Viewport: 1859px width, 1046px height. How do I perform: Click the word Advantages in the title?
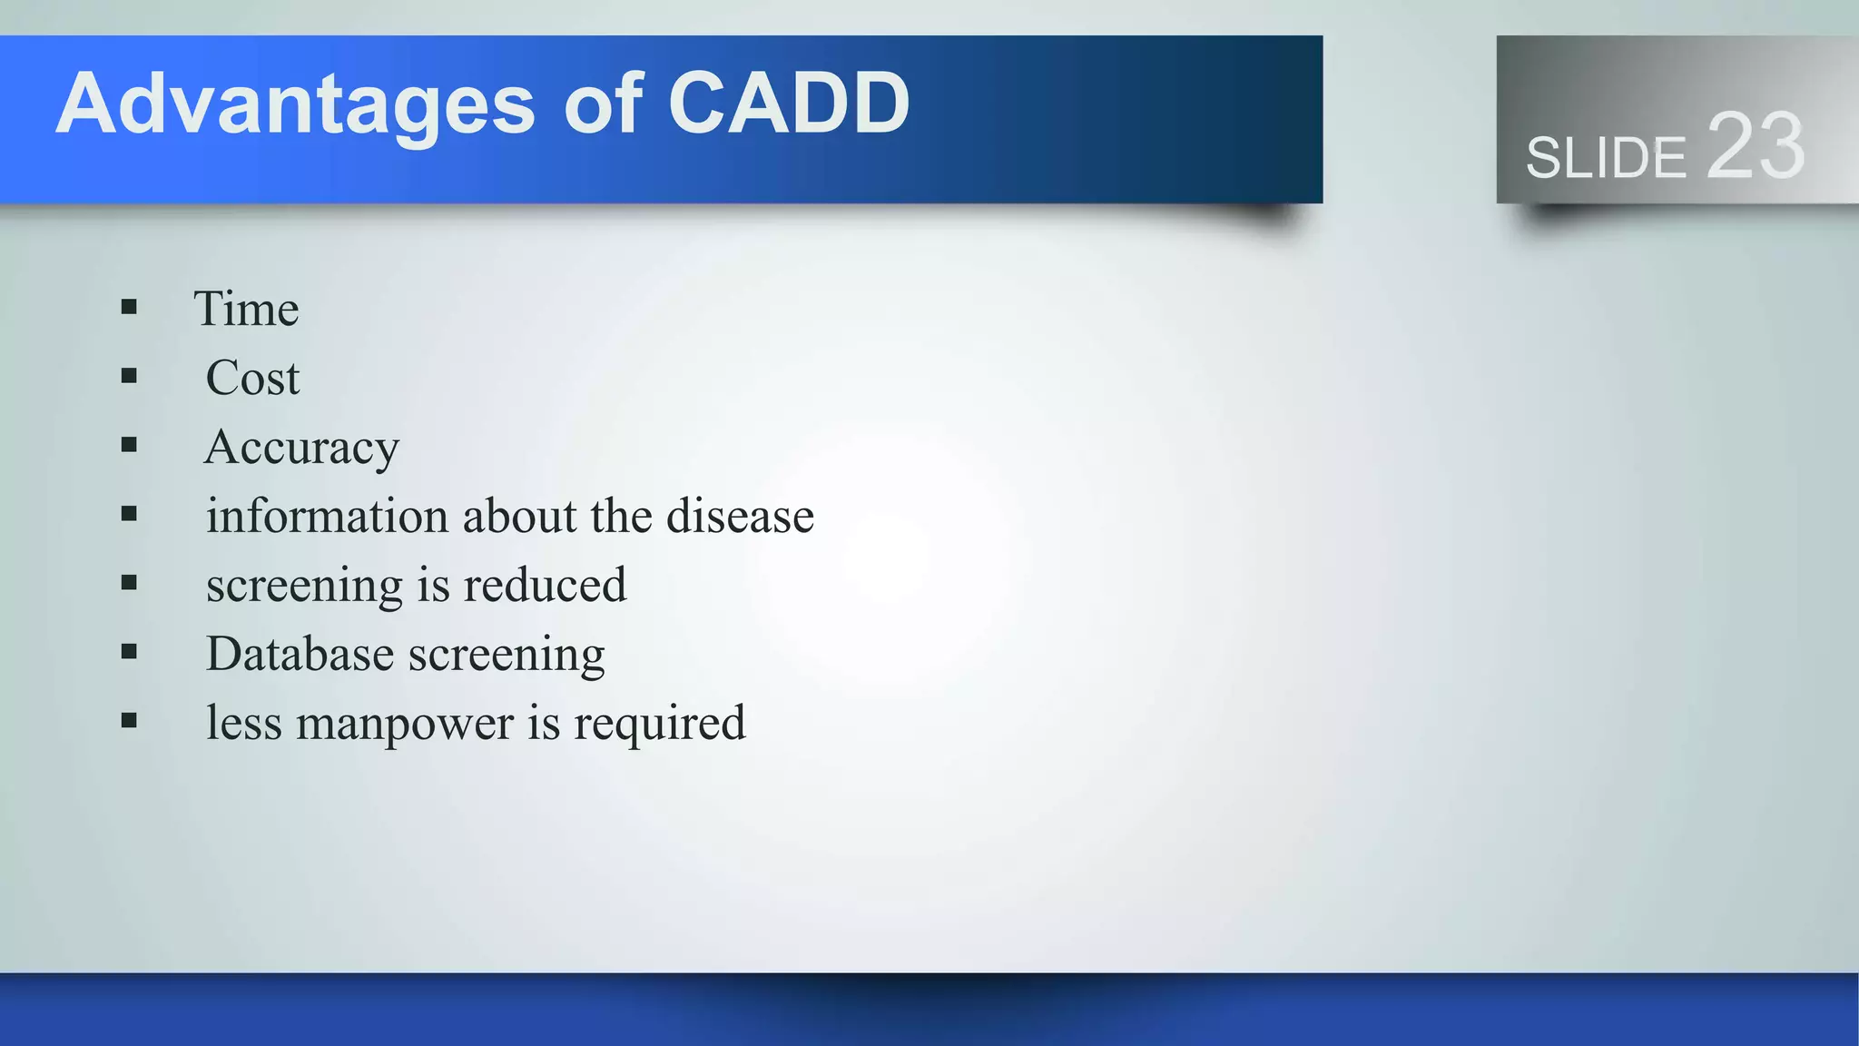point(295,104)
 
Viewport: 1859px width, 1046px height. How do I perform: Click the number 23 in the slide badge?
point(1755,146)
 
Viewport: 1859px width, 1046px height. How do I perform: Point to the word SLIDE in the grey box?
point(1605,158)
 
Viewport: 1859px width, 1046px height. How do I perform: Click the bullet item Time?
point(246,309)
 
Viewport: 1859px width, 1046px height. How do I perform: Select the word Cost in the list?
point(252,378)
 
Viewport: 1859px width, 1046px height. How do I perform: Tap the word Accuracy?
point(301,448)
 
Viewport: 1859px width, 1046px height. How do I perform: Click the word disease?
point(740,516)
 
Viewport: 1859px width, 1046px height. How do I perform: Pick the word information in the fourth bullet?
point(327,516)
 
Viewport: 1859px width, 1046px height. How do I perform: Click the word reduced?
point(545,585)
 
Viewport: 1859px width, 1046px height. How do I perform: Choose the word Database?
point(300,654)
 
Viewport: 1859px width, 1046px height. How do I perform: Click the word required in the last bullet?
point(659,724)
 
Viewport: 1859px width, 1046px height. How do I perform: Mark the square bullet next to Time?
point(129,307)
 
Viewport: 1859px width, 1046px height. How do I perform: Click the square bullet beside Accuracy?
point(129,445)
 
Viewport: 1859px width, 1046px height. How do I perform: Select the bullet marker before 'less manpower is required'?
point(129,721)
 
